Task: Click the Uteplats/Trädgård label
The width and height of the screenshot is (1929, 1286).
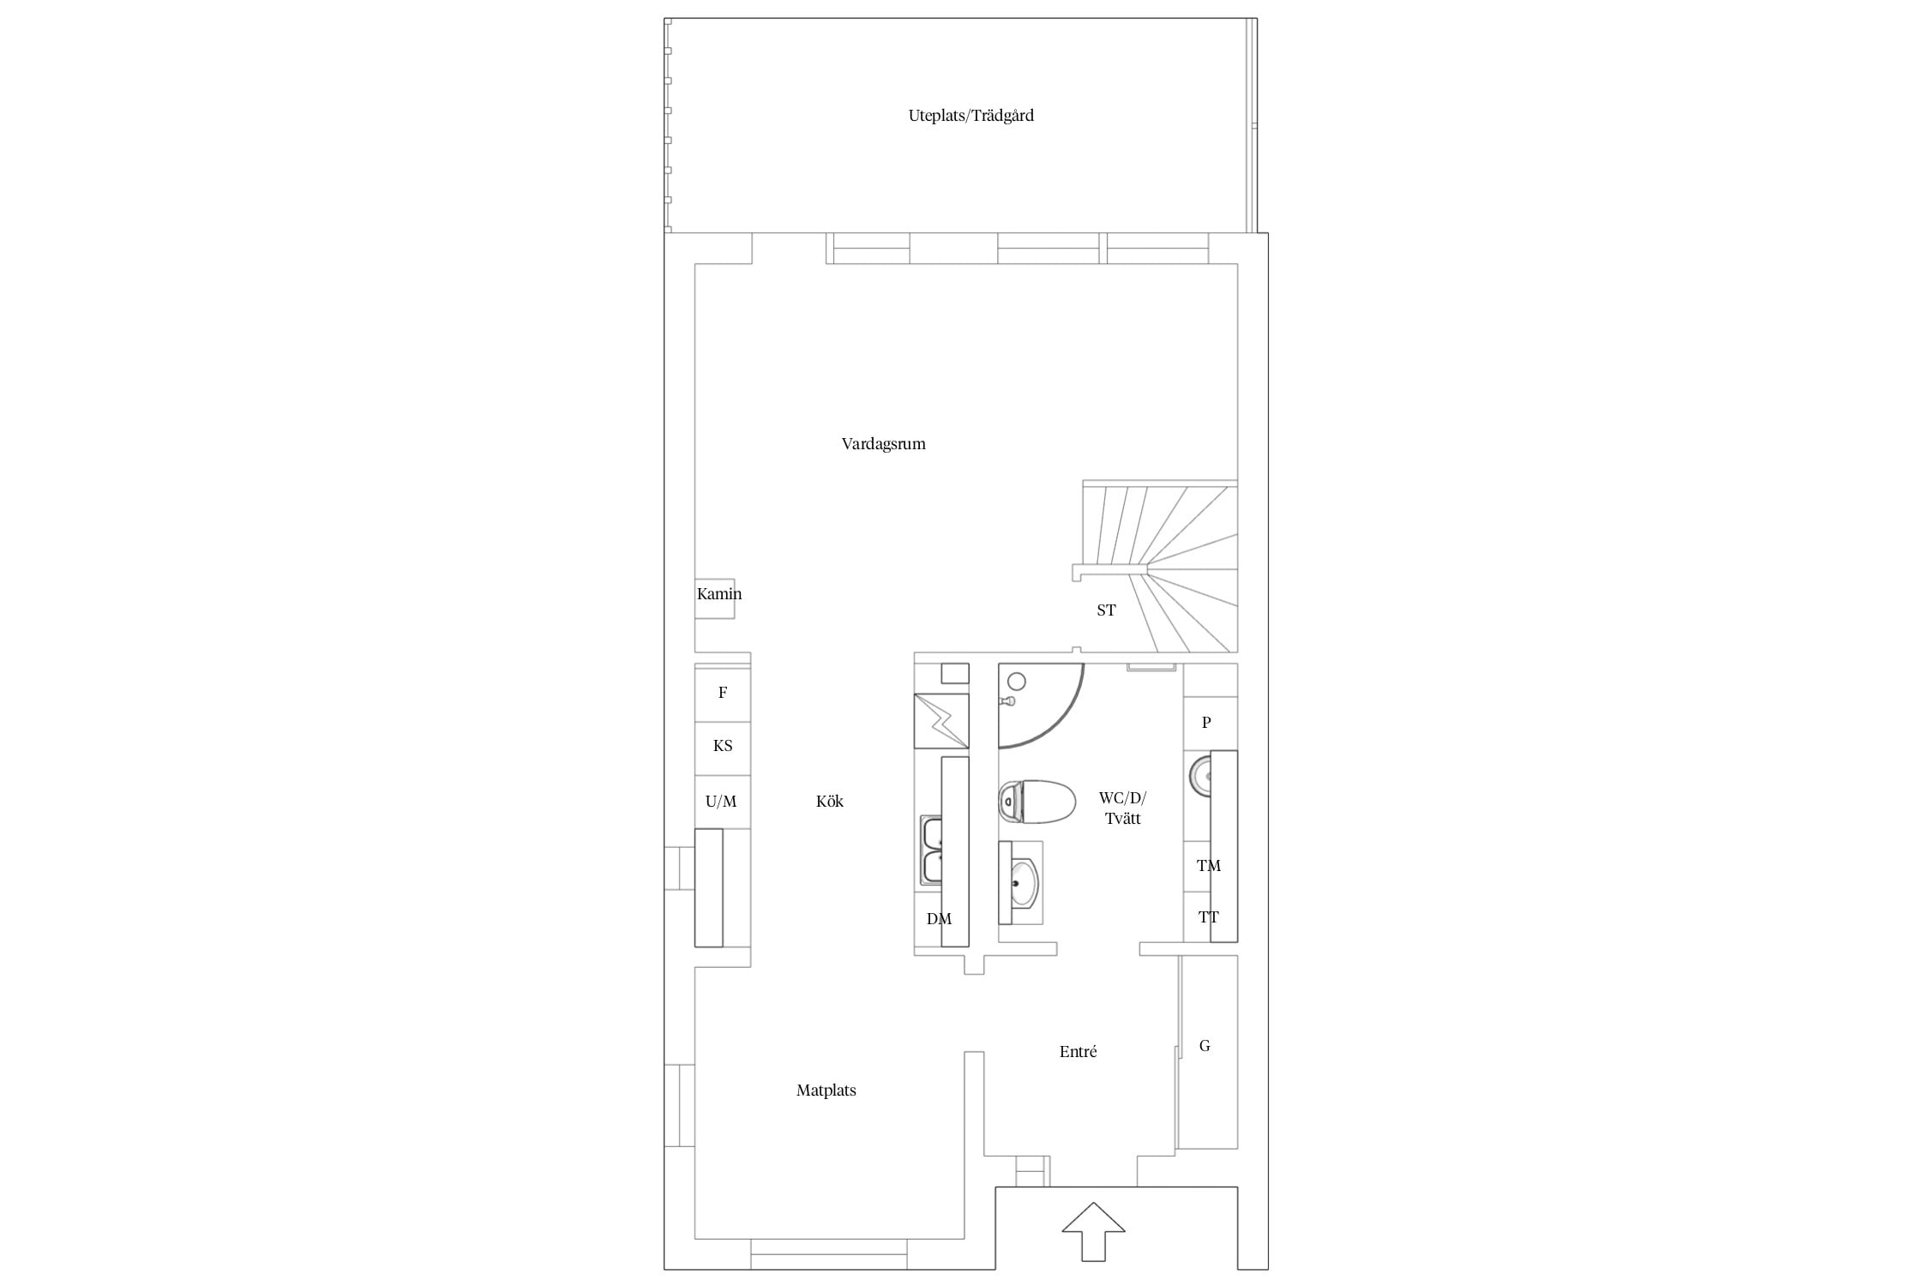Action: point(971,116)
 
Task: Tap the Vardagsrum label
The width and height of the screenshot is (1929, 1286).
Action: point(883,444)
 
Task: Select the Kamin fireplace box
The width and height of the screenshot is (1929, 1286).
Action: point(715,598)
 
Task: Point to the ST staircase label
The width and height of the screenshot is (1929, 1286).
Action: point(1106,610)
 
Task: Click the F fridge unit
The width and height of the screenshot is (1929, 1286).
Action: point(723,693)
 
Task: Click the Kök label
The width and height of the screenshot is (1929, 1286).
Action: point(830,802)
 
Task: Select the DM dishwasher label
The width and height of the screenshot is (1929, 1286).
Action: point(939,919)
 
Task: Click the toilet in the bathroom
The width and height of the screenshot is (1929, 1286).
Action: point(1037,802)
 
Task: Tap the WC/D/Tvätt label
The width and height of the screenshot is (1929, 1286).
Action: point(1122,808)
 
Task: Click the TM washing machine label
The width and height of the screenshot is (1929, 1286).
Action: point(1209,866)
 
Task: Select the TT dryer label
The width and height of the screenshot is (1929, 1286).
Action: point(1208,917)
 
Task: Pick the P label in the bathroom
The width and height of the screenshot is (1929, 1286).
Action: point(1206,723)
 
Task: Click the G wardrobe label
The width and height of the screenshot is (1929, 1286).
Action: point(1205,1046)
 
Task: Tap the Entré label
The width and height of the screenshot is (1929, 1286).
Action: point(1078,1052)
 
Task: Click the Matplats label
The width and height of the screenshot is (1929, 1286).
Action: point(826,1091)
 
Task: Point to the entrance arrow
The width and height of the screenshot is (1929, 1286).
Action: point(1093,1231)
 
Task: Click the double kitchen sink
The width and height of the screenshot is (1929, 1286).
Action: point(932,850)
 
